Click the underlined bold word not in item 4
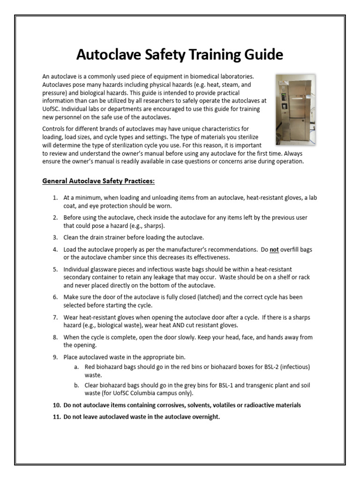click(274, 250)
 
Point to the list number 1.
click(55, 198)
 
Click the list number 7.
click(55, 317)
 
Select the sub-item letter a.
click(76, 367)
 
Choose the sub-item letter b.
click(76, 385)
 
